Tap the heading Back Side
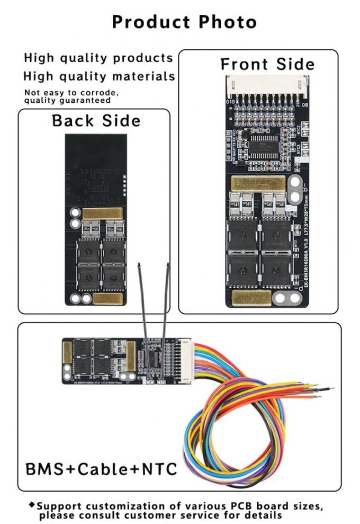[x=96, y=120]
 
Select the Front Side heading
[x=267, y=65]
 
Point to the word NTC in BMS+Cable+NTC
[x=155, y=469]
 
